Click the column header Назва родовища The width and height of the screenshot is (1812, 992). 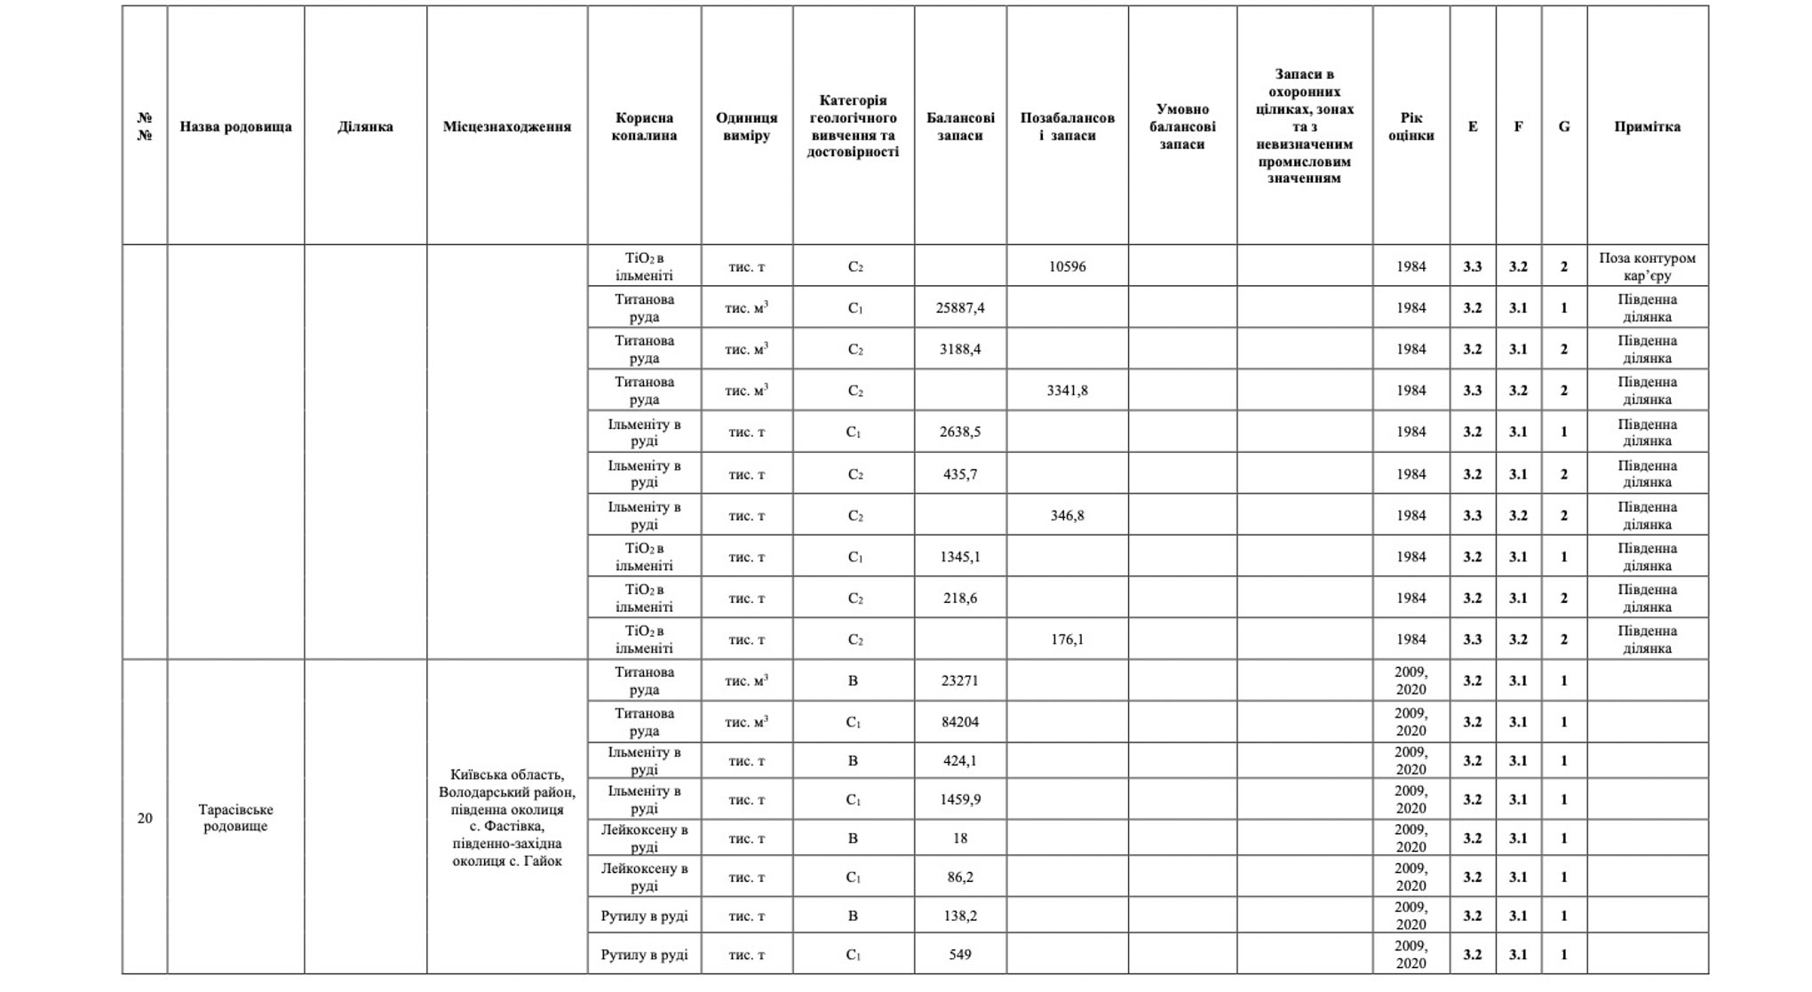(x=235, y=126)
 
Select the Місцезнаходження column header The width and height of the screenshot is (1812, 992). (x=506, y=126)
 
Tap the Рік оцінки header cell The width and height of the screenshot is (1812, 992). (x=1411, y=126)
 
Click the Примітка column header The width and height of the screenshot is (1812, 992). (x=1647, y=126)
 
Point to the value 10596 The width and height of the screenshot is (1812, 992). (x=1067, y=266)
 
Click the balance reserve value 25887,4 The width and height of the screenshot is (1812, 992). (x=960, y=308)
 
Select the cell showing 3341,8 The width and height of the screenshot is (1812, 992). (x=1067, y=391)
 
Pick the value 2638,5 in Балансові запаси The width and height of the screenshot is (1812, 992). (x=960, y=433)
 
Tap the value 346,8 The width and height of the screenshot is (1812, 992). (x=1067, y=516)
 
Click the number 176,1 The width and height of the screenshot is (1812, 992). (x=1067, y=639)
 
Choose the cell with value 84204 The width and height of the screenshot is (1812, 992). (x=960, y=722)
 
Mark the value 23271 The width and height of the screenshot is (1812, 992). (x=960, y=681)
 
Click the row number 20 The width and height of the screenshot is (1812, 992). (x=145, y=818)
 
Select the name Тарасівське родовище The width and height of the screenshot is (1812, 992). (x=235, y=818)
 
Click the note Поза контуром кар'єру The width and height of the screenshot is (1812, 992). (x=1647, y=266)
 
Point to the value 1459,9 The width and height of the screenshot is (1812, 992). (x=960, y=799)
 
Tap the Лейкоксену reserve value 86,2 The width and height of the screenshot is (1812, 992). (x=960, y=877)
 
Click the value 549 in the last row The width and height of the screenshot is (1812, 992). (x=960, y=955)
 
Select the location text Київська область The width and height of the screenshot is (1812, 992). (x=506, y=774)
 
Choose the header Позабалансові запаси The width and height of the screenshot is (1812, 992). (x=1067, y=126)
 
